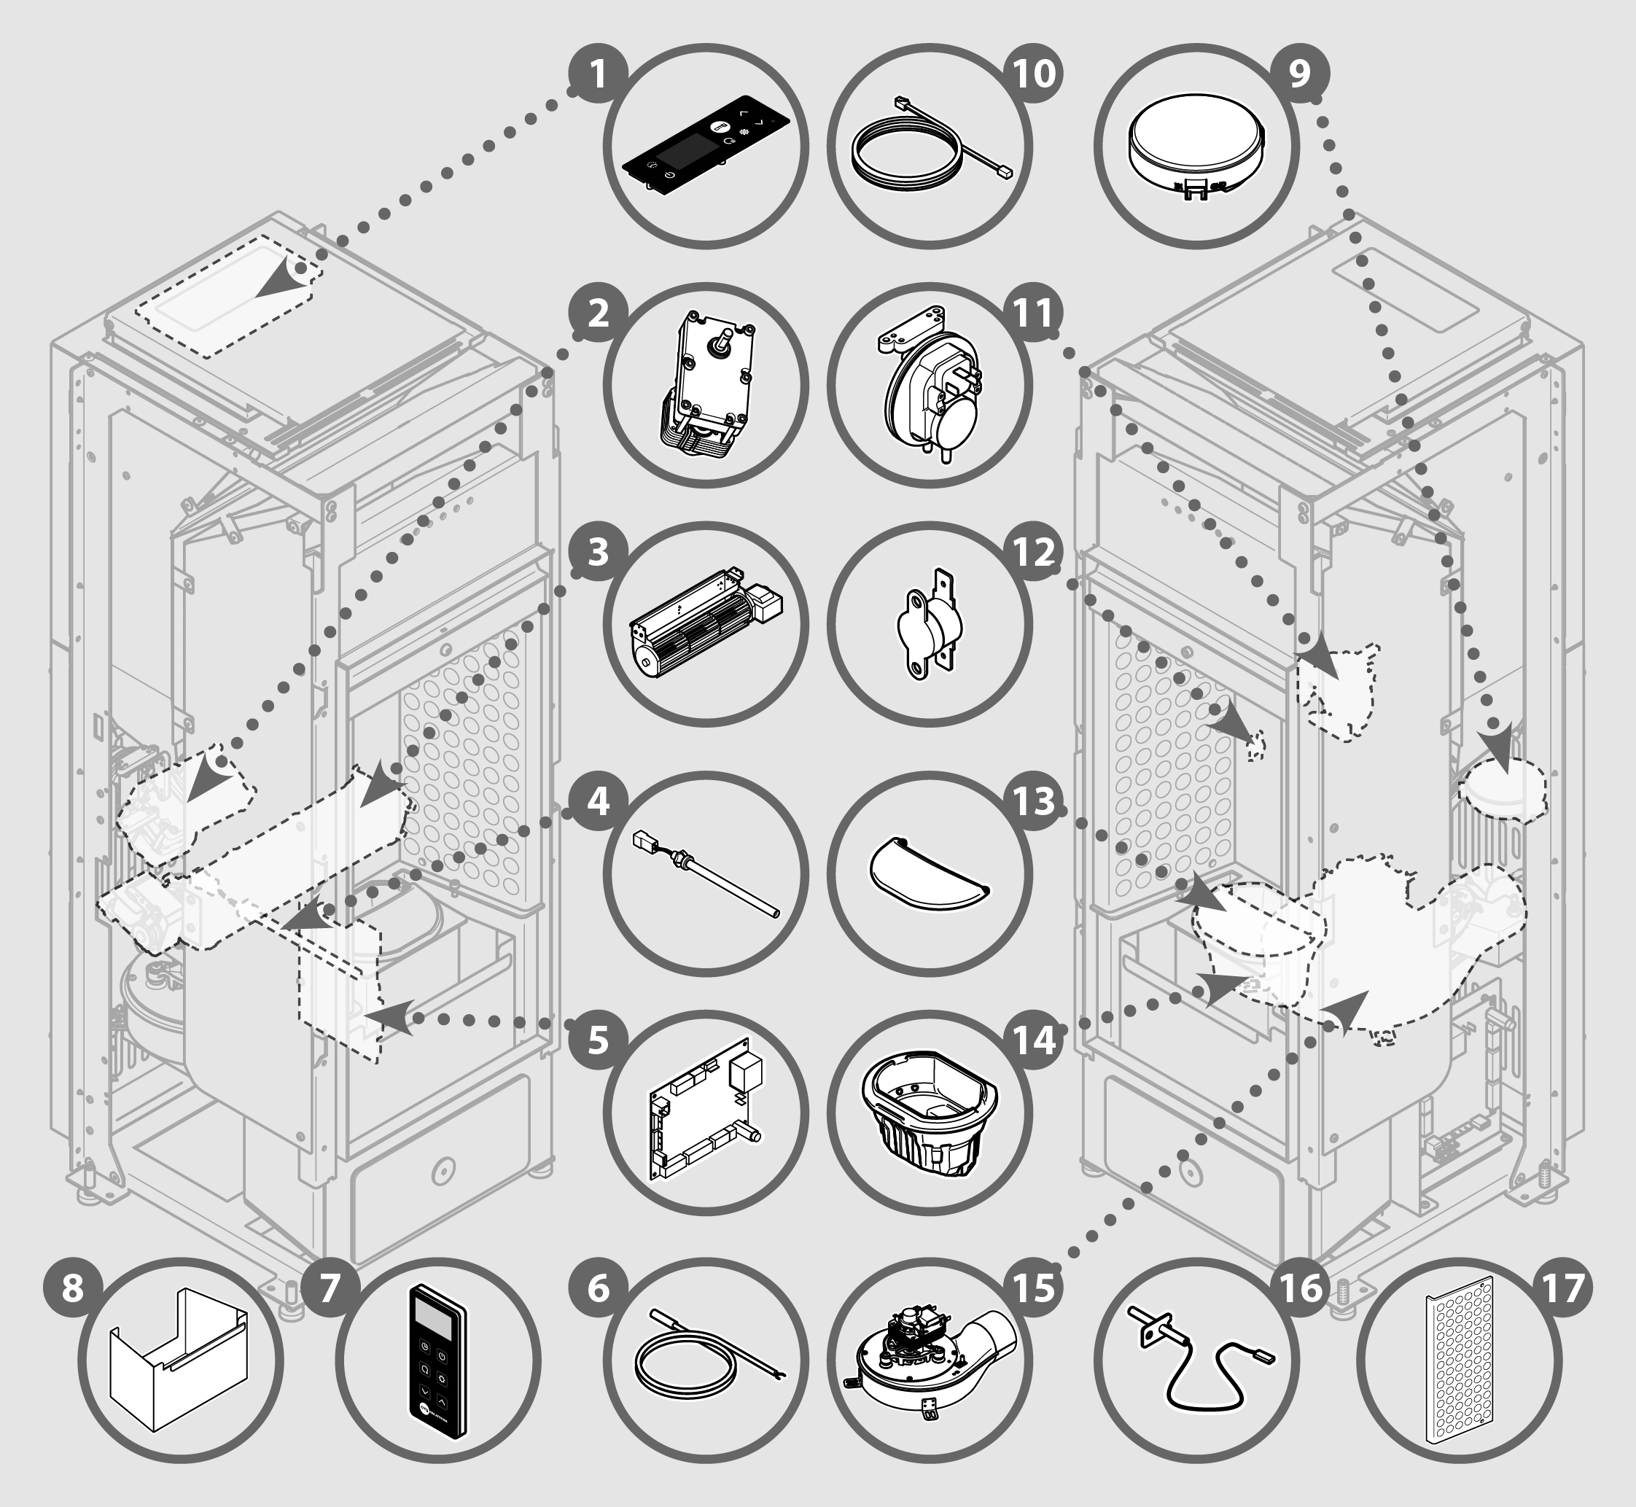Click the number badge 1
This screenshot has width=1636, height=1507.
[x=598, y=74]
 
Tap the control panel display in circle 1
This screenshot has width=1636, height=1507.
[x=706, y=147]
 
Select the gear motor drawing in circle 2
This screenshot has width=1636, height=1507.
[x=706, y=384]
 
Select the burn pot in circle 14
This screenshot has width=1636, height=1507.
[x=930, y=1110]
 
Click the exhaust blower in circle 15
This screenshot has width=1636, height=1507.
[x=930, y=1360]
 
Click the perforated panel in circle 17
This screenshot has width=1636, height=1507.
[x=1459, y=1360]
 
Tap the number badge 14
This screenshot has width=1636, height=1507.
[x=1034, y=1041]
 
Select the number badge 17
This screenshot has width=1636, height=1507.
[x=1562, y=1289]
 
